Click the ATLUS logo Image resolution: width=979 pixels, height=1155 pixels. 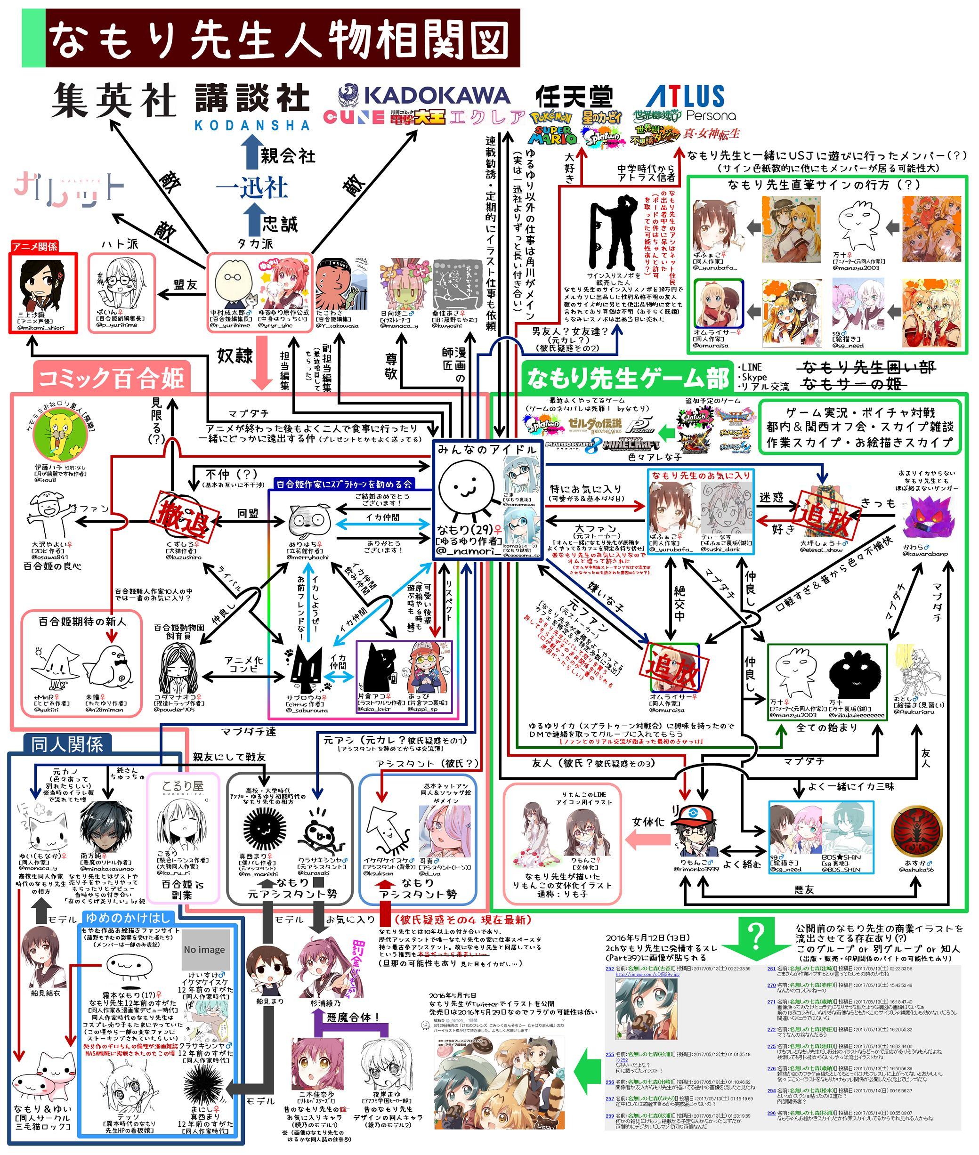[x=686, y=97]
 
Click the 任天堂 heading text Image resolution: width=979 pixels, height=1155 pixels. [x=574, y=97]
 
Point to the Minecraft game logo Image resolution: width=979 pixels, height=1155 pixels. [x=631, y=445]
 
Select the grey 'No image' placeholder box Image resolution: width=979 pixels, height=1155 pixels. [x=204, y=949]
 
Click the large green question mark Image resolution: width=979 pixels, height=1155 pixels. [x=756, y=937]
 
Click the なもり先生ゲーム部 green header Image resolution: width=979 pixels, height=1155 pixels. [x=628, y=378]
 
